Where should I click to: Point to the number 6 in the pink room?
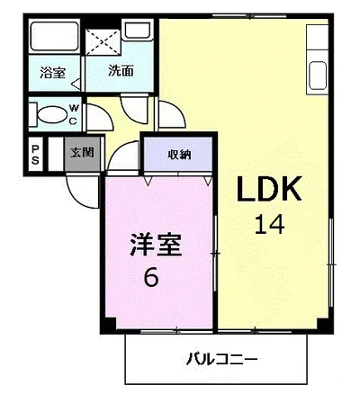tap(151, 278)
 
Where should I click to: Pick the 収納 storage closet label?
tap(178, 153)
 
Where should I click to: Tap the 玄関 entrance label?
tap(83, 153)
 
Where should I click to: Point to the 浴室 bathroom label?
tap(52, 72)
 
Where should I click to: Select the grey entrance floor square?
tap(81, 153)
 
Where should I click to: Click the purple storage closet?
tap(178, 155)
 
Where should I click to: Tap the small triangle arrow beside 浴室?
tap(76, 85)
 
